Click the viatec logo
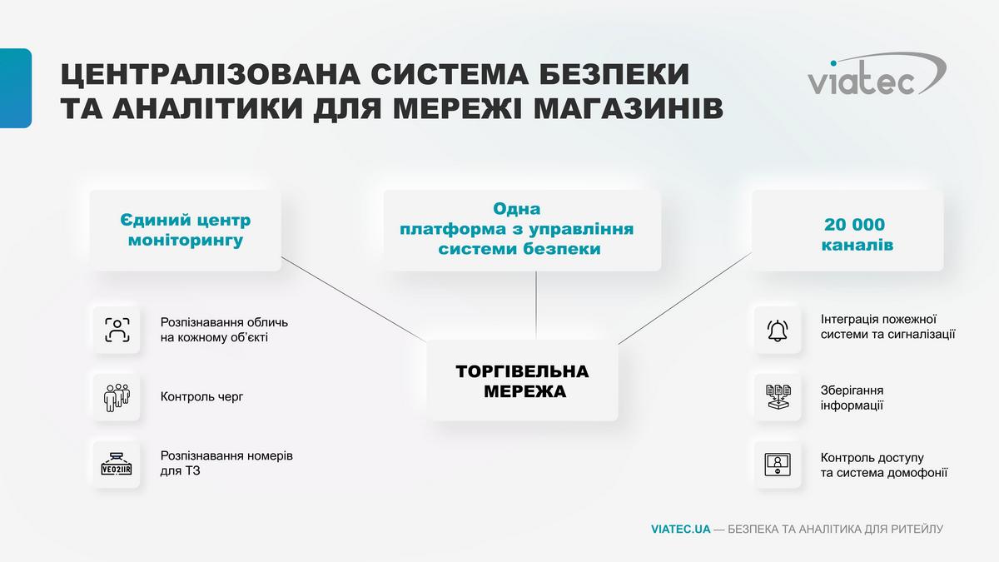[877, 74]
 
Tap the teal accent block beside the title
[16, 88]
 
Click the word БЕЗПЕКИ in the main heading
[614, 74]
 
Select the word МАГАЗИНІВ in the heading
[629, 109]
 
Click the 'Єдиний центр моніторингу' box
[185, 230]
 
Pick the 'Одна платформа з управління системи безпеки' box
[522, 230]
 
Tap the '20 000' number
[854, 224]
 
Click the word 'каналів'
[857, 245]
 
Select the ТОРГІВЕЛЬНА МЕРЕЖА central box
[522, 380]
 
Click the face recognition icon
[117, 330]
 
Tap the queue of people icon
[117, 397]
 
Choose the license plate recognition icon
[117, 465]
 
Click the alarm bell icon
[778, 331]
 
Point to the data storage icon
[778, 397]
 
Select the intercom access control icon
[778, 465]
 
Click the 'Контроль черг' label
[202, 396]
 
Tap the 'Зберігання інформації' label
[852, 398]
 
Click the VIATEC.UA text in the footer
[681, 529]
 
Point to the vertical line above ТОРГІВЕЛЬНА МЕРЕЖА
[535, 306]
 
